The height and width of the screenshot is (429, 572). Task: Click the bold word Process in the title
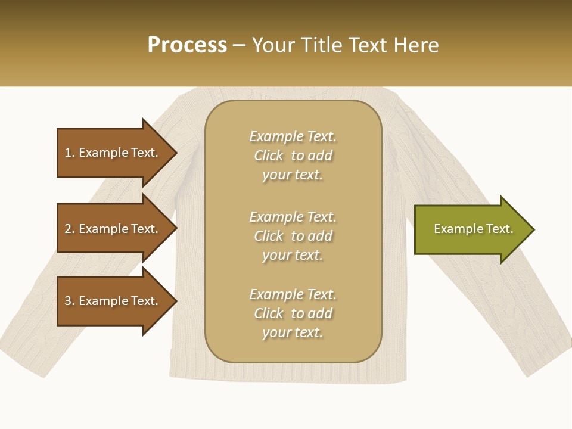click(x=187, y=45)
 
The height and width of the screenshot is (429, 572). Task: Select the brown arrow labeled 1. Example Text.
click(x=111, y=153)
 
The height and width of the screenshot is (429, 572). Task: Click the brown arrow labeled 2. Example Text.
click(x=111, y=229)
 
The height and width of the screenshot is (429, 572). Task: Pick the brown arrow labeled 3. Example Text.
click(x=111, y=301)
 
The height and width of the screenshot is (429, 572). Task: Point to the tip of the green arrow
click(x=533, y=229)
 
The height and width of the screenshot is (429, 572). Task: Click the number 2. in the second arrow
click(x=70, y=229)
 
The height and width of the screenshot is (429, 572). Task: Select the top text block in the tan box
click(x=293, y=156)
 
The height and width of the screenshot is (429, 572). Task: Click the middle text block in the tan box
click(x=293, y=236)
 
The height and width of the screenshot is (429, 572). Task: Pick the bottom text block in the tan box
click(x=293, y=313)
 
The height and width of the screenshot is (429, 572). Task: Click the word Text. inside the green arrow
click(x=499, y=229)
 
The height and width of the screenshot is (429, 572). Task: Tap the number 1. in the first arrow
click(x=70, y=153)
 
